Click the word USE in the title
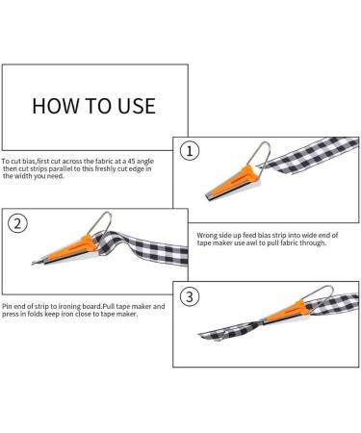coord(137,106)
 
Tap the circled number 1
coord(190,151)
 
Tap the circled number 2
coord(17,223)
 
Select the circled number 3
coord(190,296)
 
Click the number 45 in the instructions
coord(132,161)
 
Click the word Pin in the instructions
coord(7,306)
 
